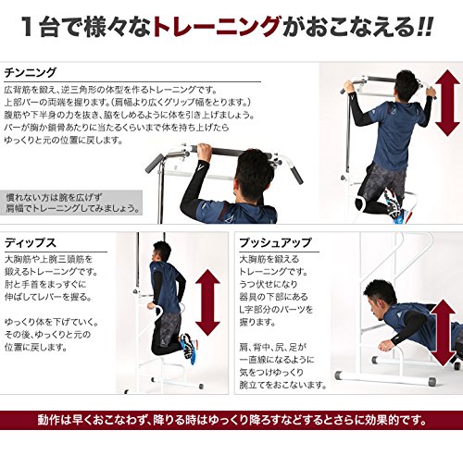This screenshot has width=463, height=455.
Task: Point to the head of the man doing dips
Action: coord(161,252)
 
